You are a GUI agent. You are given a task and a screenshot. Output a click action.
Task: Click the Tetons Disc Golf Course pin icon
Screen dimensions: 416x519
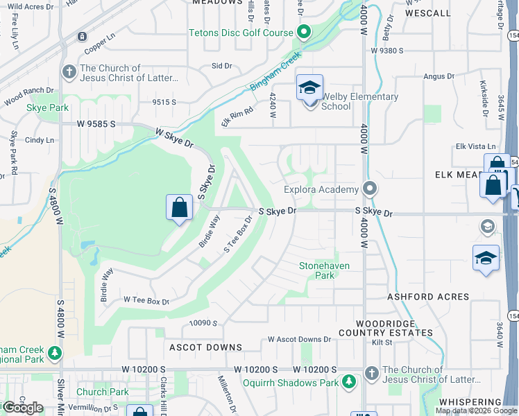(x=303, y=32)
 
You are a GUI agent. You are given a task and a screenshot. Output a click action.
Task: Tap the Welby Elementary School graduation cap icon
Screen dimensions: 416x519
(x=309, y=87)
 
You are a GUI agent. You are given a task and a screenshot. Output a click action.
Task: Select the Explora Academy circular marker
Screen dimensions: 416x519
(x=371, y=189)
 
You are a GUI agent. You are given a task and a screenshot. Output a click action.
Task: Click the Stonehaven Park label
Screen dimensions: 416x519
(x=323, y=270)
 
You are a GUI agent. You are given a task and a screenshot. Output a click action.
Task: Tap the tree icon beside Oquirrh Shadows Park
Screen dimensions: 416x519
(x=350, y=382)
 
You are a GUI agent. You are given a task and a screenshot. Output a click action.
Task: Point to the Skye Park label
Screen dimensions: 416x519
(x=47, y=108)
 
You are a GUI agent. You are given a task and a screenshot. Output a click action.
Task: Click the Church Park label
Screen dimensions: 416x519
(x=103, y=392)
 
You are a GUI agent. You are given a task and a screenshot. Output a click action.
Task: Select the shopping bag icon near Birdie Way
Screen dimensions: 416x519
(x=179, y=207)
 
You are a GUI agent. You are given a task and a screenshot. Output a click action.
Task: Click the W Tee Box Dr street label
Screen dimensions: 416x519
(x=146, y=300)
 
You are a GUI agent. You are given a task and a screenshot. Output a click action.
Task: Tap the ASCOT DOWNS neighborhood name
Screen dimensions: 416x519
(x=205, y=347)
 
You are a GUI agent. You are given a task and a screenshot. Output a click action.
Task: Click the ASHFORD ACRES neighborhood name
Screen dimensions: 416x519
(x=428, y=297)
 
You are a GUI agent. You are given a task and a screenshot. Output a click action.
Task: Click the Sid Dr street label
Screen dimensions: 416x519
(x=221, y=66)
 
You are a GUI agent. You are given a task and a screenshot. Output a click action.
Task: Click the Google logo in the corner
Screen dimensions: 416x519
(x=23, y=408)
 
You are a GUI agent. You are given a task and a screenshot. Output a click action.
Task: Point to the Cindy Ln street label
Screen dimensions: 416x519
(x=40, y=140)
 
